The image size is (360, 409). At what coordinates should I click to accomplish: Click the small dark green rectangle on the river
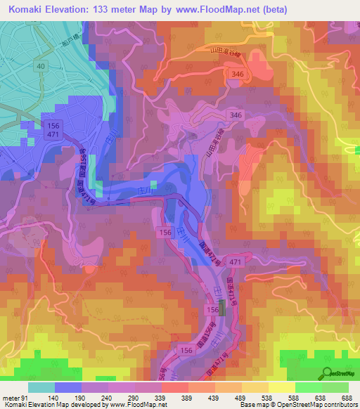pos(223,308)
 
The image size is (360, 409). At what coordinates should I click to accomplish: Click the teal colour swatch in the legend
pos(41,388)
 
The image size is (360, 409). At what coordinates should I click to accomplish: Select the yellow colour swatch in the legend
pos(282,388)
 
